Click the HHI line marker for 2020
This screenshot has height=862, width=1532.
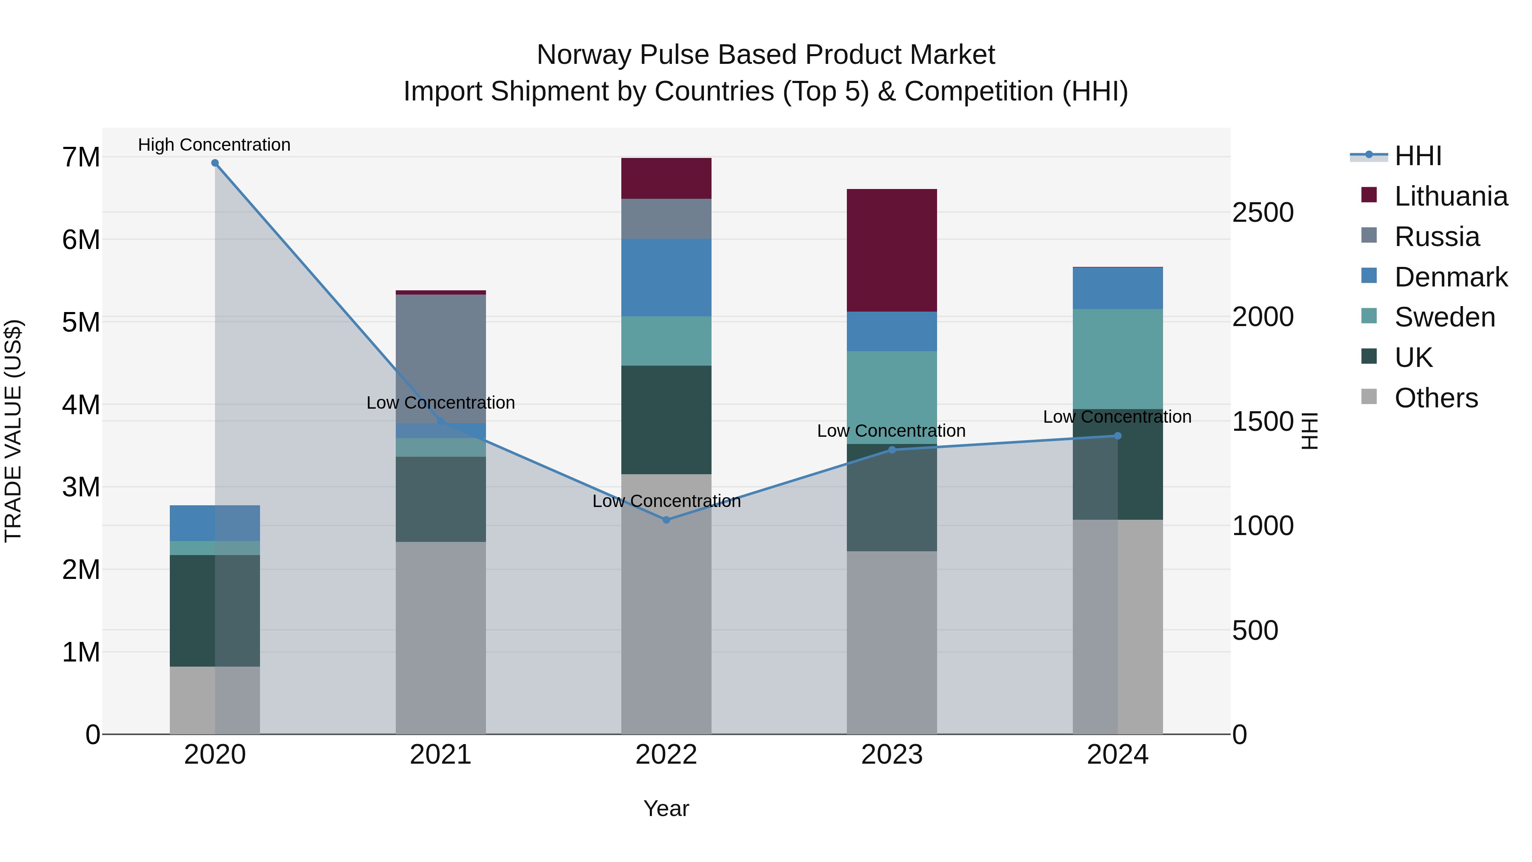pos(215,163)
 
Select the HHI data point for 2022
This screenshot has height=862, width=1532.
pos(666,520)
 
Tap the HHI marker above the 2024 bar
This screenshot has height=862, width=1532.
pos(1118,436)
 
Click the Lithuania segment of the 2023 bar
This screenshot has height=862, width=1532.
pos(892,250)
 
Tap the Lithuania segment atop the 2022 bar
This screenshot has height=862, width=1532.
pos(666,178)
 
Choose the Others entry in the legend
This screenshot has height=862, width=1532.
pos(1436,398)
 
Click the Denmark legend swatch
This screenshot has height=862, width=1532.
pos(1369,276)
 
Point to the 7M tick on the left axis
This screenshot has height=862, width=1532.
pos(81,158)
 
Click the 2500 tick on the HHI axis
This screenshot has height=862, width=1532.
pos(1263,213)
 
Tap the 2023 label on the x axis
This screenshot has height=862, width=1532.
pos(892,755)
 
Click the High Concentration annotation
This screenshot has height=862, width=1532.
pos(214,145)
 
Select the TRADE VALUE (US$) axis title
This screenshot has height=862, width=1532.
pos(14,431)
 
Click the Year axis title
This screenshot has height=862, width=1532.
pos(666,808)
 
